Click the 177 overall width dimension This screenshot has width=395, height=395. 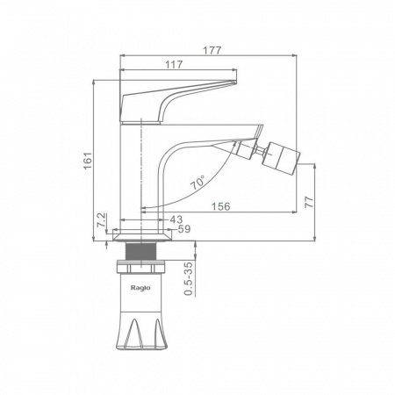click(212, 50)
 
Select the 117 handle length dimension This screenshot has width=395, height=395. click(174, 65)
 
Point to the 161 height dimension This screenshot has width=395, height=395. click(88, 161)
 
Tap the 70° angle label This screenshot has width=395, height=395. click(197, 183)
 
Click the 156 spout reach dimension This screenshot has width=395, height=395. click(221, 206)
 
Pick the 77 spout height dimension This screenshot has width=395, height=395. click(309, 202)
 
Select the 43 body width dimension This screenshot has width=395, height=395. click(176, 219)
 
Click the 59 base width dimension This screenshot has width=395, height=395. click(184, 229)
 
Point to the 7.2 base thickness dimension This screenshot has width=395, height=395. click(101, 220)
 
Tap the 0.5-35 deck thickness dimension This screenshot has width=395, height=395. click(190, 278)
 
